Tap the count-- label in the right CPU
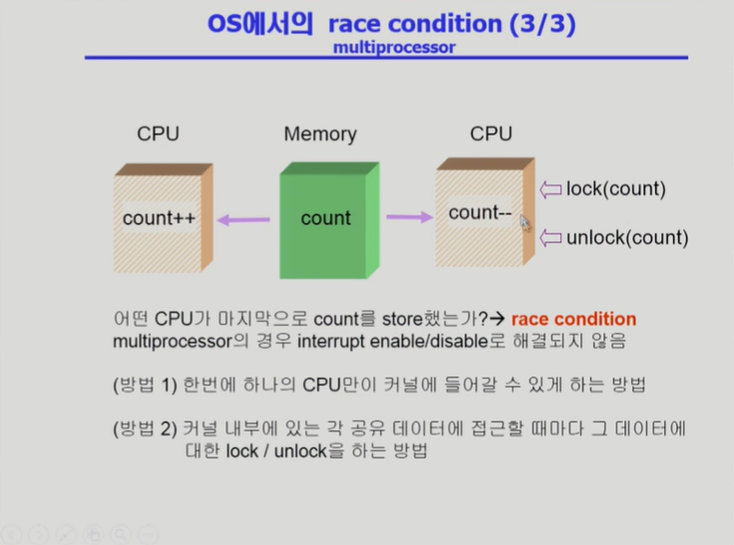[x=481, y=212]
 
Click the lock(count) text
[x=615, y=188]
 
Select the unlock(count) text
[x=626, y=237]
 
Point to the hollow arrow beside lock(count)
[x=550, y=188]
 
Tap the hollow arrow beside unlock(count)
[x=550, y=237]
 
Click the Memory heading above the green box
[x=320, y=134]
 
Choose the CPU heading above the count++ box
[x=159, y=134]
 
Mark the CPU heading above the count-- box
[x=491, y=134]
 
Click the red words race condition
[x=573, y=319]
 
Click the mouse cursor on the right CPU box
[x=525, y=221]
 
